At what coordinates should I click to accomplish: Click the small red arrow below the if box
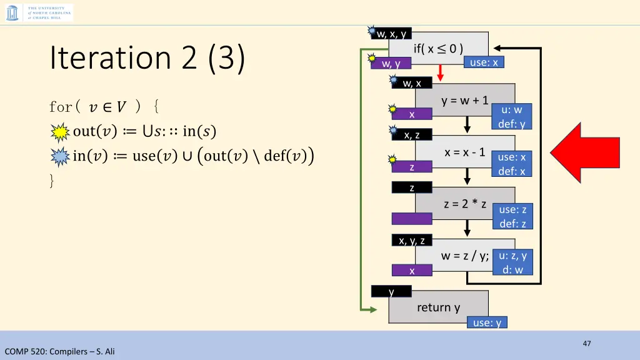tap(440, 74)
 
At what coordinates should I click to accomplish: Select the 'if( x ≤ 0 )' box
tap(438, 48)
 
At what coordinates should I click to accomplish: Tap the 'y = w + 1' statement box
tap(464, 100)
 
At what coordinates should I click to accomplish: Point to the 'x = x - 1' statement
tap(464, 152)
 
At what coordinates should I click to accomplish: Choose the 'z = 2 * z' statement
tap(465, 204)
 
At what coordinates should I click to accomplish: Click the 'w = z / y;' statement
tap(465, 255)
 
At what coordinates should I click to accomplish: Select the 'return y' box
tap(438, 307)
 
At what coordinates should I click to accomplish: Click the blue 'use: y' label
tap(487, 322)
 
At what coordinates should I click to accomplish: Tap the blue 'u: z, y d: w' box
tap(512, 262)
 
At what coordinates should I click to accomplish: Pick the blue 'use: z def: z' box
tap(512, 216)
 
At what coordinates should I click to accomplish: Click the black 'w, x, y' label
tap(391, 34)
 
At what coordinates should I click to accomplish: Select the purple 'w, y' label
tap(391, 63)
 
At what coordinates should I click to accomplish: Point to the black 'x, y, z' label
tap(412, 241)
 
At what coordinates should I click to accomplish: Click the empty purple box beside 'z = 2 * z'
tap(412, 219)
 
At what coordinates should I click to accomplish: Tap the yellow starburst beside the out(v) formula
tap(60, 132)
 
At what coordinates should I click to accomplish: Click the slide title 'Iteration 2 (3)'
tap(147, 58)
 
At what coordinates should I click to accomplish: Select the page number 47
tap(586, 343)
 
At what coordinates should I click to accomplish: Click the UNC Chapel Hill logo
tap(39, 12)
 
